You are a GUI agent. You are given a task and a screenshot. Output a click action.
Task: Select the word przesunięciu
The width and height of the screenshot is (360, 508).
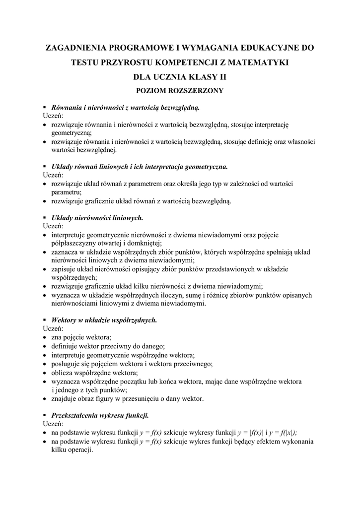(x=147, y=398)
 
